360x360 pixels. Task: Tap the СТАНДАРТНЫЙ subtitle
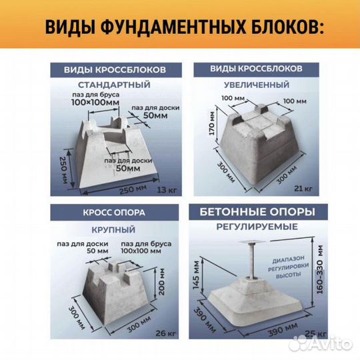click(114, 85)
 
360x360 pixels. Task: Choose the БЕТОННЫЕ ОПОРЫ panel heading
click(256, 213)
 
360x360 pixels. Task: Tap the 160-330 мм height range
click(321, 270)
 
